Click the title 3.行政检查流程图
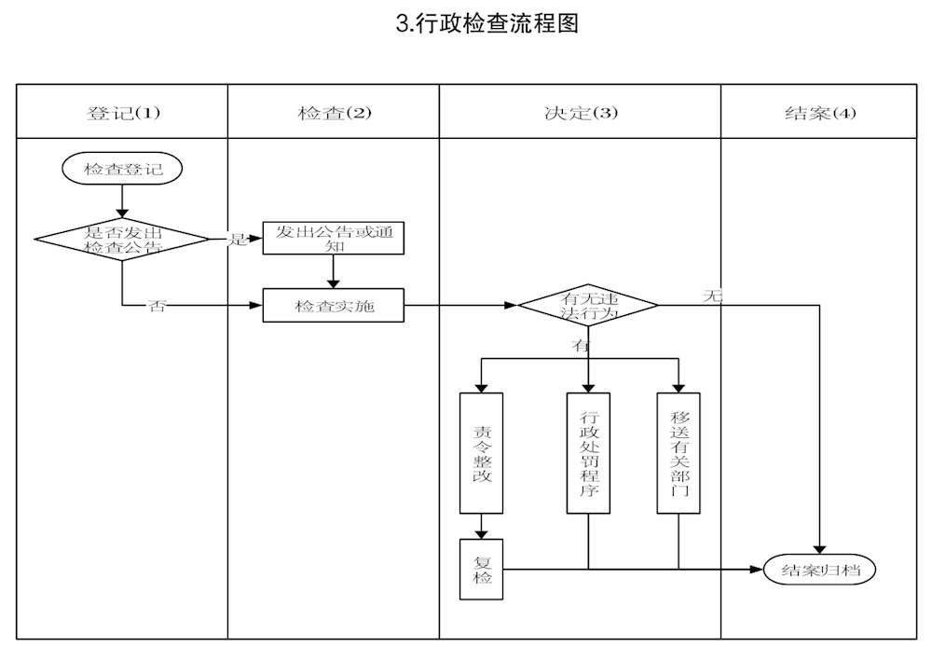click(487, 24)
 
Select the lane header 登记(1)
click(122, 113)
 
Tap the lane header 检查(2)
click(334, 113)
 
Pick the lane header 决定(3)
click(580, 113)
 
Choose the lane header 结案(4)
click(818, 113)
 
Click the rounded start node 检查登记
click(122, 169)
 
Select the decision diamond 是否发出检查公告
click(122, 240)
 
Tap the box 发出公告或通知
click(334, 238)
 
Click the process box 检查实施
click(334, 306)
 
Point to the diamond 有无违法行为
click(588, 306)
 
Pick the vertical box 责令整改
click(482, 453)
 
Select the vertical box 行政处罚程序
click(588, 453)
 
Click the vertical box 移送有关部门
click(678, 453)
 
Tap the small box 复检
click(482, 570)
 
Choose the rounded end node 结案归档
click(820, 569)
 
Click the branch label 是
click(238, 240)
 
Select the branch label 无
click(712, 296)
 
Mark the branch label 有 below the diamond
click(580, 345)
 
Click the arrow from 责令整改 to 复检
click(482, 527)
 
